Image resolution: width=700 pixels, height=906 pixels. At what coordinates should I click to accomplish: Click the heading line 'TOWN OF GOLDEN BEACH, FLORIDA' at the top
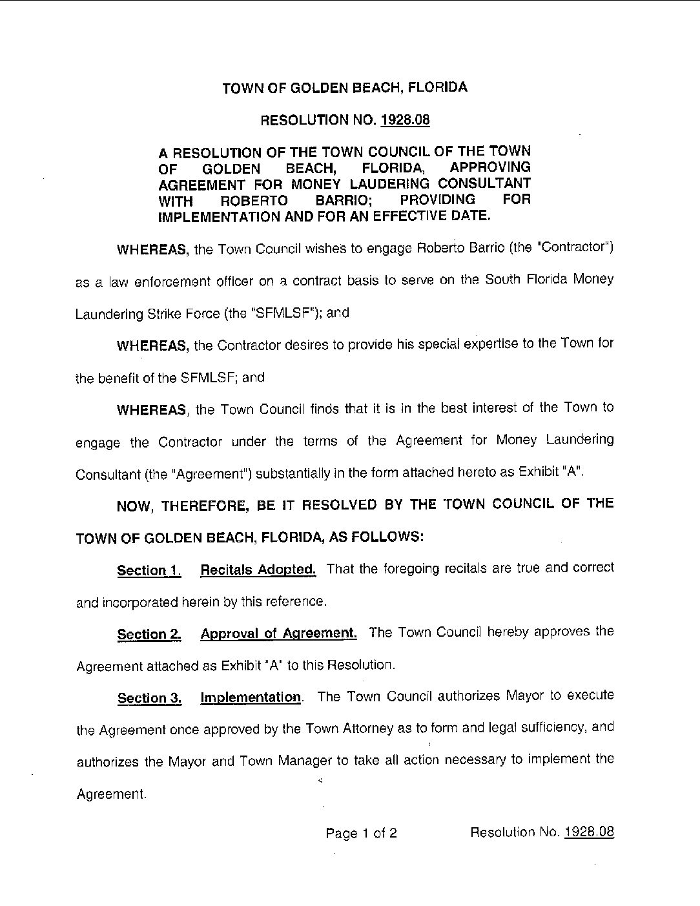[345, 88]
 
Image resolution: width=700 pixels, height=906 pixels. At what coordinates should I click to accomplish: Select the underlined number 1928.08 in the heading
[405, 120]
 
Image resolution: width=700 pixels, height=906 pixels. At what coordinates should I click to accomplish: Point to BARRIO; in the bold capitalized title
[342, 200]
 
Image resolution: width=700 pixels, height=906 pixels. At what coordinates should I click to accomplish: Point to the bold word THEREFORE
[205, 505]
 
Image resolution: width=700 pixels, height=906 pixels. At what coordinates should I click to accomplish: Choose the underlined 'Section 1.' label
[149, 570]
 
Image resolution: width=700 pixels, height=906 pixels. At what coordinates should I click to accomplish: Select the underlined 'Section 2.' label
[149, 635]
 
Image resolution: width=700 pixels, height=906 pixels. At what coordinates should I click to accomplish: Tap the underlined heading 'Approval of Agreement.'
[278, 633]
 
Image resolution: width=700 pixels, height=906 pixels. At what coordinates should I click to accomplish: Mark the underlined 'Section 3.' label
[149, 698]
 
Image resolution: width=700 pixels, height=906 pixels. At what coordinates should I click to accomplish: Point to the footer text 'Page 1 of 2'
[361, 833]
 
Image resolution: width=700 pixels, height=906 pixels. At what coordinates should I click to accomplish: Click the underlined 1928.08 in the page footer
[588, 832]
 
